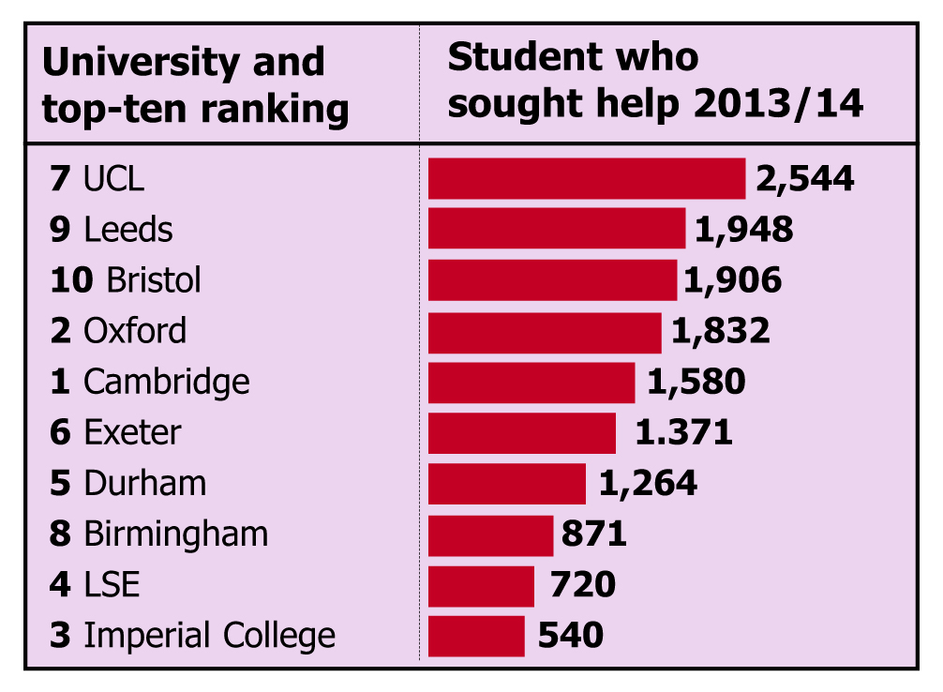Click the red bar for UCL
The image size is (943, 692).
[587, 178]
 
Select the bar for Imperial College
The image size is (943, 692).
[476, 636]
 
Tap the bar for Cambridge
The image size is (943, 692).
[531, 382]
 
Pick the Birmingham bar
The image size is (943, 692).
[490, 534]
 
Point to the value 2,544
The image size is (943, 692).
[805, 178]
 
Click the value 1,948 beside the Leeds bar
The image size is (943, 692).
[744, 230]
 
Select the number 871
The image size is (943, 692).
[593, 534]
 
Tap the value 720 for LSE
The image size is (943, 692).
[582, 585]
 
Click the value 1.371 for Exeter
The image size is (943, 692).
[683, 432]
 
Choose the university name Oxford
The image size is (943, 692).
[135, 331]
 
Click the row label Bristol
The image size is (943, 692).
[154, 280]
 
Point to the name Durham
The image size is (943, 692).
[144, 484]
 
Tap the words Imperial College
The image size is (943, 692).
[209, 636]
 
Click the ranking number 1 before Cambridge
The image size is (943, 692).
[60, 382]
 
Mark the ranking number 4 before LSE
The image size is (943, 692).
[60, 585]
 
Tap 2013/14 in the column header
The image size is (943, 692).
[778, 104]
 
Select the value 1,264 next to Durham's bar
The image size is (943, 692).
[648, 484]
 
